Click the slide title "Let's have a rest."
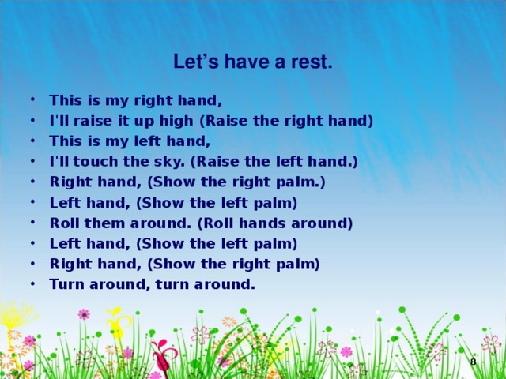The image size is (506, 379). (x=253, y=62)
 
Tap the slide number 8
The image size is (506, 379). (x=473, y=362)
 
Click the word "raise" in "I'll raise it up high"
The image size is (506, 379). (x=87, y=121)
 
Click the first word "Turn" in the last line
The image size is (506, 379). (x=65, y=284)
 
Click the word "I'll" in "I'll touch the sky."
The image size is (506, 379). (x=59, y=162)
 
